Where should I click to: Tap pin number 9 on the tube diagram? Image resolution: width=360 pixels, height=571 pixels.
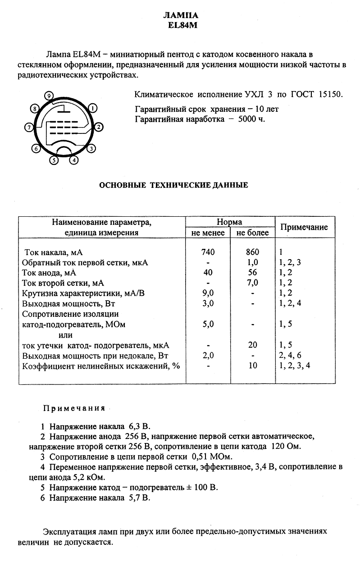pos(50,95)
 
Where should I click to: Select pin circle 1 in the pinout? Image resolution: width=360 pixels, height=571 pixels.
pos(92,108)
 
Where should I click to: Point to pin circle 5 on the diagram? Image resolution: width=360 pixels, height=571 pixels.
pos(54,159)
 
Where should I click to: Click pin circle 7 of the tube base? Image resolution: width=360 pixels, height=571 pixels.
pos(29,128)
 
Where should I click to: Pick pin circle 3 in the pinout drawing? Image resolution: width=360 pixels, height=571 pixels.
pos(91,148)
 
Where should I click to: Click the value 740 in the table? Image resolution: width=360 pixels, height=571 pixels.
pos(208,252)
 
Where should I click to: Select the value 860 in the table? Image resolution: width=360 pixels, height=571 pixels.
pos(252,252)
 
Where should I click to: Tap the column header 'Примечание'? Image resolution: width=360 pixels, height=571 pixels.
pos(304,227)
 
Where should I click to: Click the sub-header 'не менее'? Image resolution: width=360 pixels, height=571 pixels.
pos(208,233)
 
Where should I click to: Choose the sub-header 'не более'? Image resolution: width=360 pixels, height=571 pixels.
pos(252,233)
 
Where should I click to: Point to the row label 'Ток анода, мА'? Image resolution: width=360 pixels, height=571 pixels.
pos(49,273)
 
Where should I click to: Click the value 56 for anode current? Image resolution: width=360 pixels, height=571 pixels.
pos(252,273)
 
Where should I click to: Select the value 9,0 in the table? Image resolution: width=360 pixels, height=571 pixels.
pos(208,293)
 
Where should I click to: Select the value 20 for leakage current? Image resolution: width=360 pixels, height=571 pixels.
pos(252,345)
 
